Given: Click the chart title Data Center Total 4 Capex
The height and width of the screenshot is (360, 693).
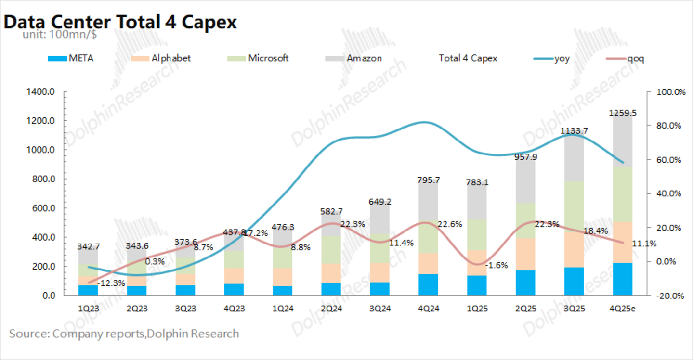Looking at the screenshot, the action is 120,22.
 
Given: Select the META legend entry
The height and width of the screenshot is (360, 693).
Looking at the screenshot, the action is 70,58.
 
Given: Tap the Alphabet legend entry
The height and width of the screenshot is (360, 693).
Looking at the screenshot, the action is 160,58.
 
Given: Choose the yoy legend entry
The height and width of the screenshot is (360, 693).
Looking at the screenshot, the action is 551,58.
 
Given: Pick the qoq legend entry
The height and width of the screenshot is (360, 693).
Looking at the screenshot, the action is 625,58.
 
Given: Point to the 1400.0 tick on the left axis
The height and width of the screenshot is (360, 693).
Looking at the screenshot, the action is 40,92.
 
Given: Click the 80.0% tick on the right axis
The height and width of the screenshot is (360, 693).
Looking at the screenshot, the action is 668,126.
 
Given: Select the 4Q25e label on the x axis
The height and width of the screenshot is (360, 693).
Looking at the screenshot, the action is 623,309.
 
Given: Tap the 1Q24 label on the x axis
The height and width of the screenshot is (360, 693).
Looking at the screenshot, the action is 283,309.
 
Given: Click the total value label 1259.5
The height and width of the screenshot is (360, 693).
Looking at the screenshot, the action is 623,113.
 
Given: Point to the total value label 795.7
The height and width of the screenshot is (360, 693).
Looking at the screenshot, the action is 429,180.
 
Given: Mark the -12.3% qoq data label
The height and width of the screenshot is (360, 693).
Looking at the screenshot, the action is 111,283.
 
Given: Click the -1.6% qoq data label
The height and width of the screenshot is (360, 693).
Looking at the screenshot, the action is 497,265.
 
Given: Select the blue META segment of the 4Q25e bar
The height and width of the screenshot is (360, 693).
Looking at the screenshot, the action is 623,279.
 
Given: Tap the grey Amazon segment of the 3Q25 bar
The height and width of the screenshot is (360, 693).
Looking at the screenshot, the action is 574,158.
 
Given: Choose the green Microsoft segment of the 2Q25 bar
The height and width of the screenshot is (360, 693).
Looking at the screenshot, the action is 525,220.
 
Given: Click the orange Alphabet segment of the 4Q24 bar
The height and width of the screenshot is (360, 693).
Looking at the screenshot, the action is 429,264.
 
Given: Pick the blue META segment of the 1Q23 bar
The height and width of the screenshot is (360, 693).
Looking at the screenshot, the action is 88,290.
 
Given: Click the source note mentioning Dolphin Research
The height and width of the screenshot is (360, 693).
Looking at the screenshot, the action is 124,334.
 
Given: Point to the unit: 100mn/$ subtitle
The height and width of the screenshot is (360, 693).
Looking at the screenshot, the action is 60,34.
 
